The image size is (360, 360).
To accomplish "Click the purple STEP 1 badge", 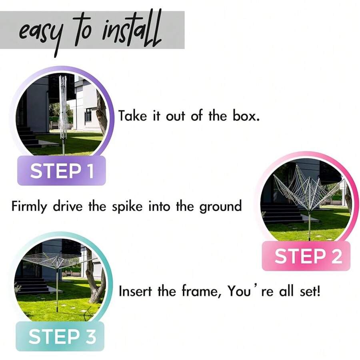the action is [62, 170].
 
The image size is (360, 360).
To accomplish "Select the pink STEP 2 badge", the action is [306, 256].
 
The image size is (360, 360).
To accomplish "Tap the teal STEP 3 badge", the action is [60, 336].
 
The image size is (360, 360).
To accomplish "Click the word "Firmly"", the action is [29, 206].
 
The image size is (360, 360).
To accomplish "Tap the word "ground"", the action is [220, 206].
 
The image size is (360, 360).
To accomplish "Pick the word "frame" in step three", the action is [199, 291].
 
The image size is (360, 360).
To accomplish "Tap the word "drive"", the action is [68, 206].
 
